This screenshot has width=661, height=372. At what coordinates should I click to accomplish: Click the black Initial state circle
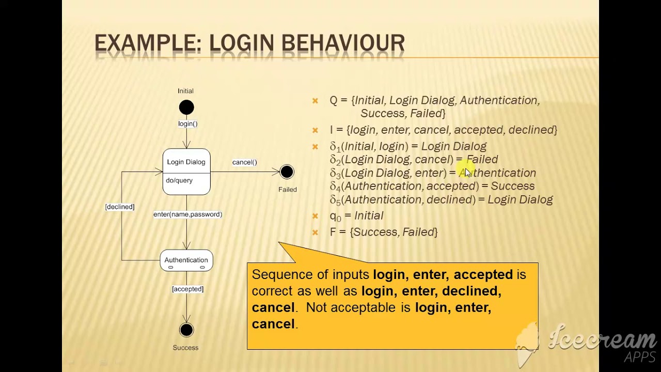(186, 107)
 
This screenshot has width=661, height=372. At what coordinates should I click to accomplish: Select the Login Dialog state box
(186, 172)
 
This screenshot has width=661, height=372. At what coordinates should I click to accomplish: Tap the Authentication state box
(186, 260)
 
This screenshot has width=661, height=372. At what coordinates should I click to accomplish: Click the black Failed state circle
(287, 172)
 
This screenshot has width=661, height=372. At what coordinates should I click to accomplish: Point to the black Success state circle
(186, 330)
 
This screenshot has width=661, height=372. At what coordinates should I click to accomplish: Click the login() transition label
(187, 124)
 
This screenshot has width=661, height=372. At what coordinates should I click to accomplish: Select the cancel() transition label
(244, 162)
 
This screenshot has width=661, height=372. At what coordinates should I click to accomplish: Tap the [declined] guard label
(120, 207)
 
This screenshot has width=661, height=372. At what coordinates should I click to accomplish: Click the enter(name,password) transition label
(187, 214)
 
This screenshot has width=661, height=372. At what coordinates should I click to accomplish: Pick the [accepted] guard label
(187, 289)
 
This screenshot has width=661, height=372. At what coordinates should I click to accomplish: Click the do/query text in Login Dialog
(179, 180)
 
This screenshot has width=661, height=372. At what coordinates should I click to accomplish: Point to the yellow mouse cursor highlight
(468, 172)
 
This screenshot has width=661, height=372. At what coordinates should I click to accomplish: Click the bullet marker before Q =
(315, 101)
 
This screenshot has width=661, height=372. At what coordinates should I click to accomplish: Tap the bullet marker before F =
(315, 233)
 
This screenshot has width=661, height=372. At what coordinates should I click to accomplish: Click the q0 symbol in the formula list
(335, 216)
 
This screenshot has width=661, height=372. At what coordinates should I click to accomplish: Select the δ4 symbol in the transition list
(335, 187)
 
